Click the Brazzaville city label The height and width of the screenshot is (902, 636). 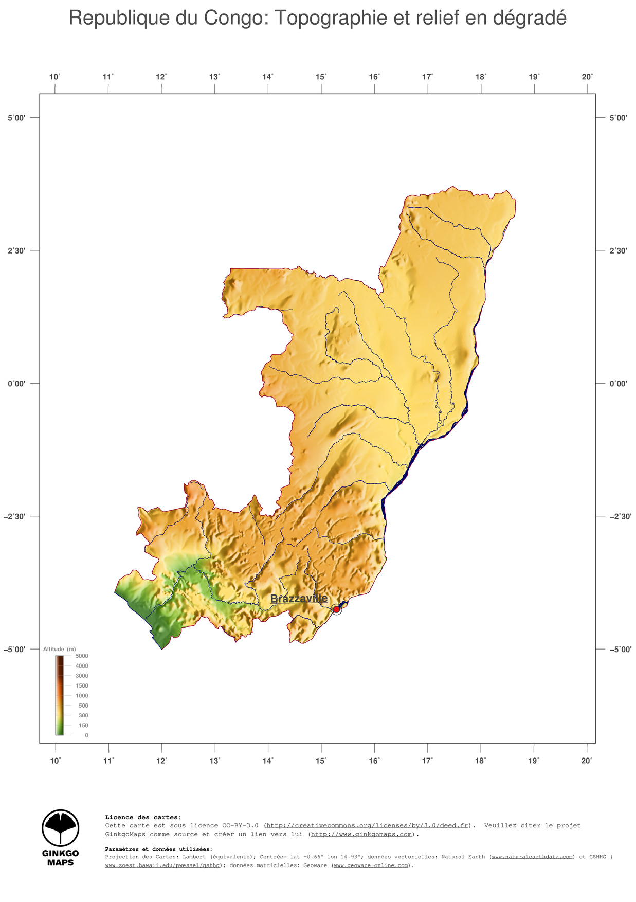[x=299, y=599]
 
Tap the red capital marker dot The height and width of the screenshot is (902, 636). [x=336, y=609]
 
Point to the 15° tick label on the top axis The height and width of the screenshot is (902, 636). [x=321, y=77]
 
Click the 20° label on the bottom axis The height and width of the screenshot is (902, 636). [x=587, y=761]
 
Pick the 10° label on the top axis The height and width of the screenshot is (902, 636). [x=55, y=77]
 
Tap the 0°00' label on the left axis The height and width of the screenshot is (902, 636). [x=16, y=384]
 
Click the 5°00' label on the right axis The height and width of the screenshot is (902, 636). [x=619, y=118]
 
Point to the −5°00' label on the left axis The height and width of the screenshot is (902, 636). [x=15, y=650]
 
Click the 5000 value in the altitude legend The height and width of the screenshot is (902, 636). [x=82, y=656]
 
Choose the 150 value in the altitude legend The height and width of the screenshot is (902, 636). [x=83, y=726]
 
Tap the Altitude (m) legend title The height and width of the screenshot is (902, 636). [x=59, y=649]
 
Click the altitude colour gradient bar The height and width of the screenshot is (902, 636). [x=60, y=695]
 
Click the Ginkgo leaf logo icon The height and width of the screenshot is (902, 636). [x=60, y=828]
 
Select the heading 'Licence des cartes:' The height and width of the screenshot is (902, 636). [x=143, y=817]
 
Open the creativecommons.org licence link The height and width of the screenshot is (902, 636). [x=368, y=825]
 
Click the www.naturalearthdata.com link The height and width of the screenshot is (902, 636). [x=532, y=857]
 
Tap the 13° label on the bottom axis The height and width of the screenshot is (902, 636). [x=215, y=761]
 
